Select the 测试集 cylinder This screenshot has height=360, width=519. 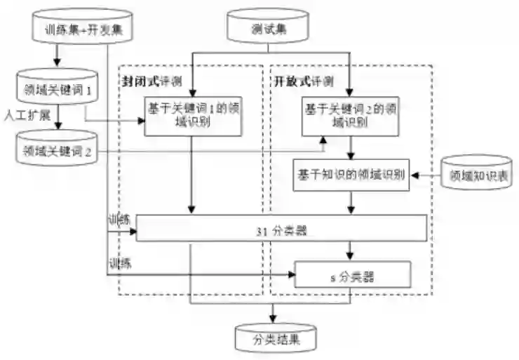[x=269, y=29]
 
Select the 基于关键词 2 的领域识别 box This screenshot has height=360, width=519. [x=350, y=115]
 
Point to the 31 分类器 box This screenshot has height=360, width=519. [x=281, y=229]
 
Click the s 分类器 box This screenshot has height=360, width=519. [x=351, y=275]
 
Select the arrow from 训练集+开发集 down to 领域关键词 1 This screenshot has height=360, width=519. [x=58, y=56]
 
